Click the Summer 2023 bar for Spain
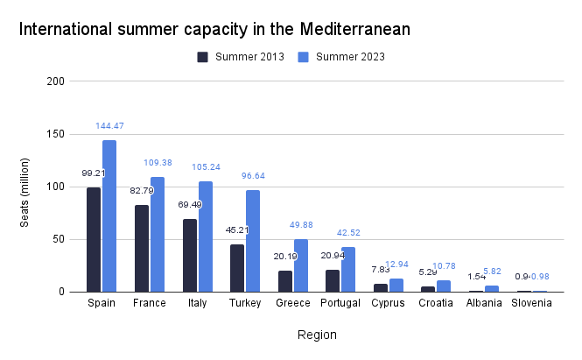[109, 215]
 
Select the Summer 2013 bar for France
[142, 248]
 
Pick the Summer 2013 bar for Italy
[190, 255]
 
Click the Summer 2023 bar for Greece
[301, 265]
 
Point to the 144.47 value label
[109, 126]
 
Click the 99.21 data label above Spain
[93, 173]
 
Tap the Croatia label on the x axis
[436, 303]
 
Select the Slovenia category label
[531, 303]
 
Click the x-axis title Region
[315, 335]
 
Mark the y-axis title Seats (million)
[25, 187]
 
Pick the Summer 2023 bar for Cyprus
[396, 285]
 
